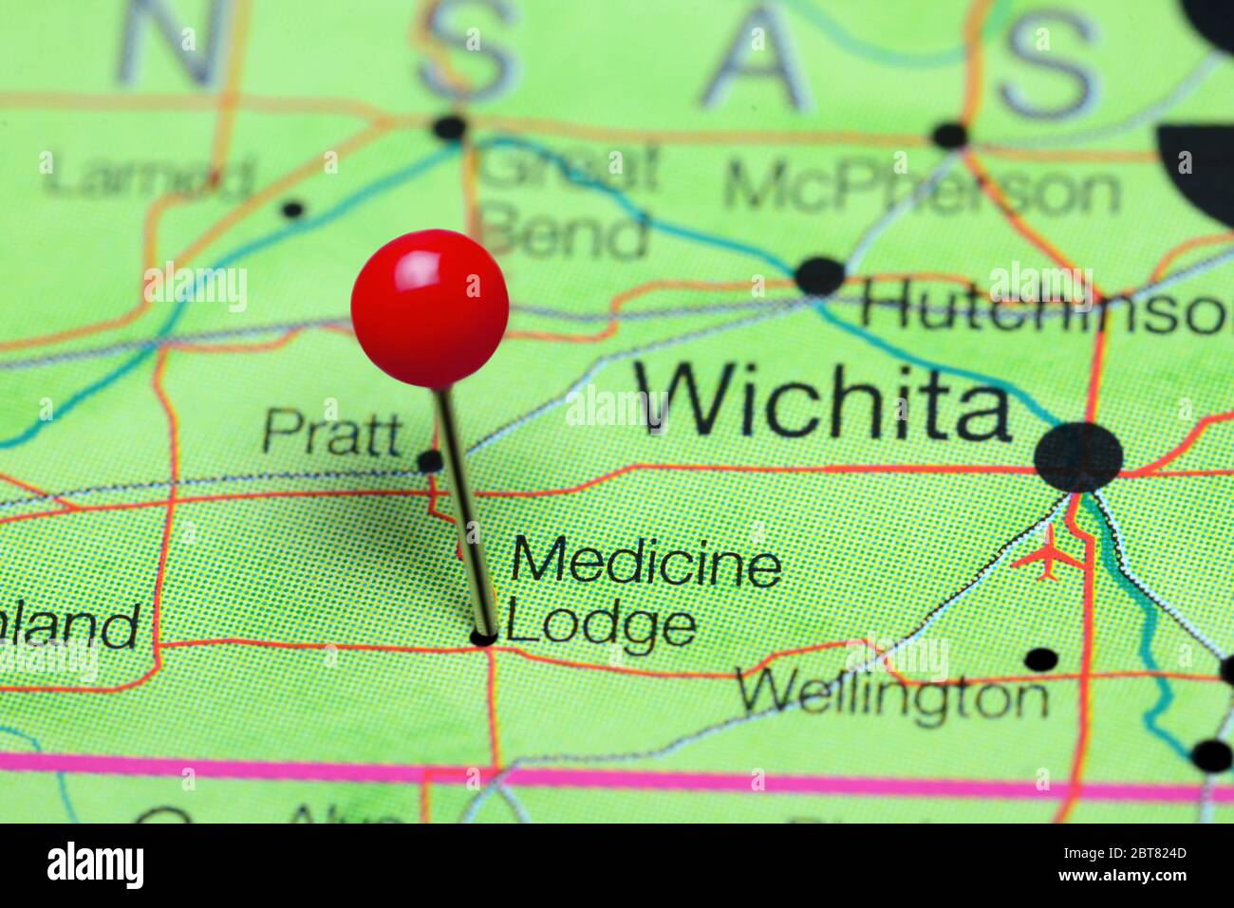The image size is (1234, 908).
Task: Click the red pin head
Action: click(x=429, y=307)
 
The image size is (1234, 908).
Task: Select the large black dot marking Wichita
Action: click(x=1078, y=457)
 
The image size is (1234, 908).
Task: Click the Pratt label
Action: click(x=332, y=433)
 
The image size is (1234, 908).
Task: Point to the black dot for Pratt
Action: click(x=430, y=462)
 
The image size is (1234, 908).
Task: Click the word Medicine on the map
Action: click(x=646, y=564)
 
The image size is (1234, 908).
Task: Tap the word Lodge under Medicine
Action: click(x=601, y=625)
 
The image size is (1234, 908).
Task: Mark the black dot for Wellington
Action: click(x=1041, y=659)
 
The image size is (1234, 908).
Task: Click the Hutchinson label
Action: click(x=1044, y=310)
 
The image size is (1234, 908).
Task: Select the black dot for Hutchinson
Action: click(x=819, y=276)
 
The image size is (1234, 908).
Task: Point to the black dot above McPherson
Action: click(x=949, y=136)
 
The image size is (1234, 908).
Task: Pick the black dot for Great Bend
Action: click(x=450, y=127)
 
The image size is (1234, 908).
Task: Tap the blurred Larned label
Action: click(x=150, y=176)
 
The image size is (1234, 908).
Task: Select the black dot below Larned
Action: click(x=294, y=209)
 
